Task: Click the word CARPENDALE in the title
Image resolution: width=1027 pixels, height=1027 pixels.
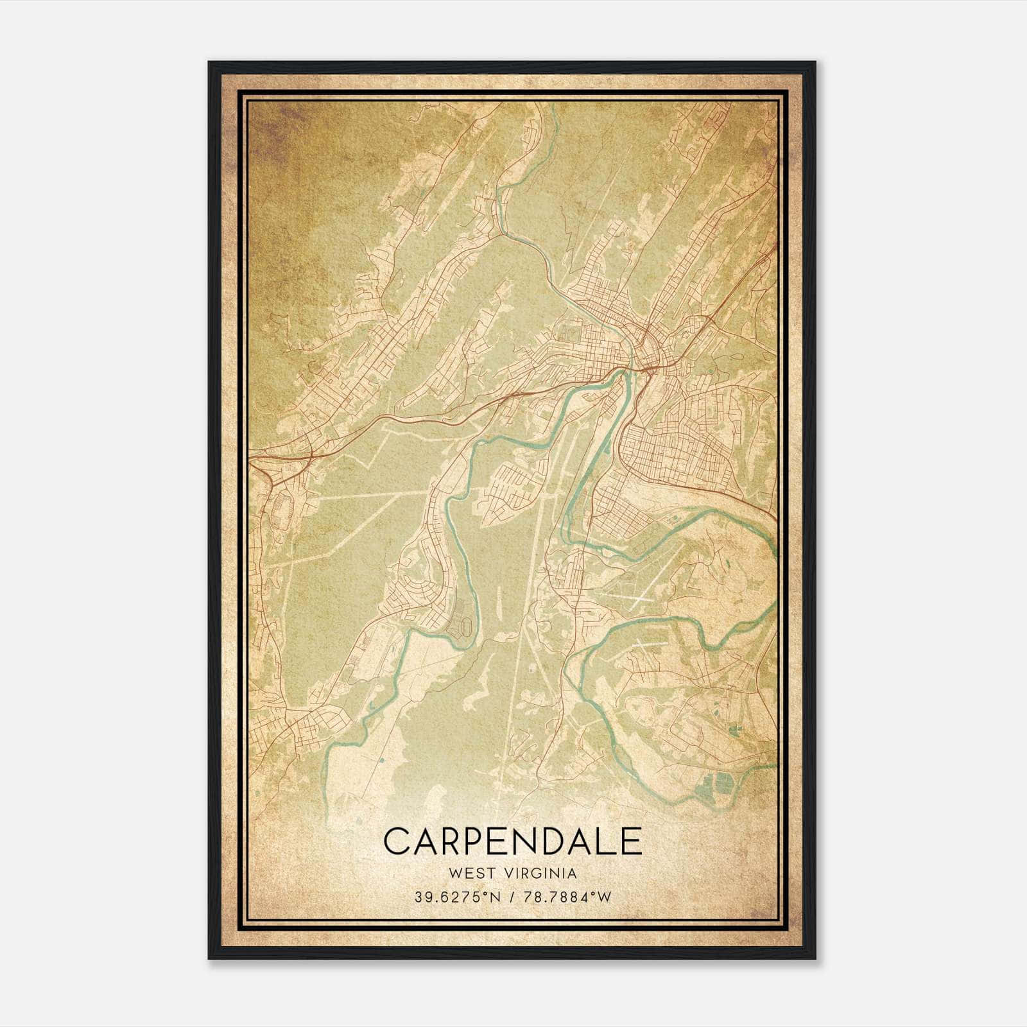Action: pyautogui.click(x=512, y=841)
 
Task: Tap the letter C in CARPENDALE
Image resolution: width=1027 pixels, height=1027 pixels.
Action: pyautogui.click(x=397, y=841)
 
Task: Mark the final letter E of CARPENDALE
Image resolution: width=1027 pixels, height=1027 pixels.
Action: pyautogui.click(x=632, y=841)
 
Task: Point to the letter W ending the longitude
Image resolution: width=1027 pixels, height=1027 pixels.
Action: pyautogui.click(x=605, y=897)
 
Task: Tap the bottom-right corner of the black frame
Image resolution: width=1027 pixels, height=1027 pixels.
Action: pyautogui.click(x=815, y=958)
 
